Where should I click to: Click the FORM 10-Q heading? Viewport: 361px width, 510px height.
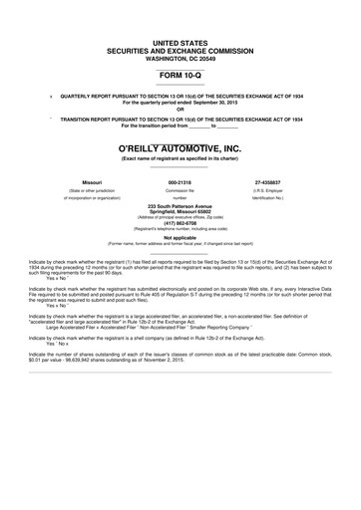pos(180,75)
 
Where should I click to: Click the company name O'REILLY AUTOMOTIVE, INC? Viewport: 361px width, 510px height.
pos(180,146)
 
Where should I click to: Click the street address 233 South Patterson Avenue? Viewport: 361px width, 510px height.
pos(180,205)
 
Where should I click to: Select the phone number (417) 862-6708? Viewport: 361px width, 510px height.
pos(180,224)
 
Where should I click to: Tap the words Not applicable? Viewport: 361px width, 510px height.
pos(180,239)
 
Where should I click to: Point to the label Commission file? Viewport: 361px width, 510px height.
pos(180,190)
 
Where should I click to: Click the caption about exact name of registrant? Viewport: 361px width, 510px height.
pos(180,159)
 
